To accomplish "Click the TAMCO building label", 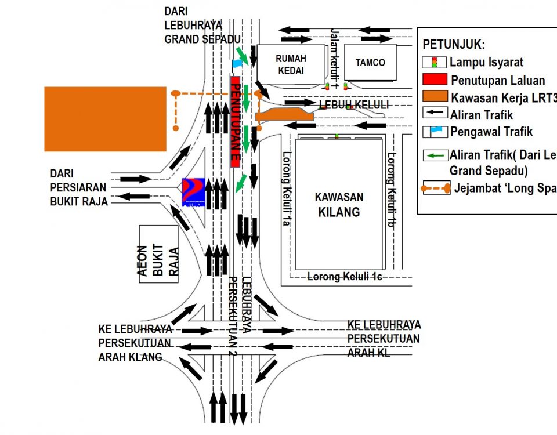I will coord(370,63).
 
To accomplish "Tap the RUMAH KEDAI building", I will coord(291,64).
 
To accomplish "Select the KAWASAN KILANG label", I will coord(338,204).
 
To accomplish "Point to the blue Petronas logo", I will coord(193,188).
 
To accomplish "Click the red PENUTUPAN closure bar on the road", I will coord(236,122).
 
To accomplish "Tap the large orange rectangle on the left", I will coord(105,119).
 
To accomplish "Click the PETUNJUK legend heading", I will coord(454,45).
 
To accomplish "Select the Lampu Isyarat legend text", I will coord(486,62).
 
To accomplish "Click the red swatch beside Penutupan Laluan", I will coord(435,79).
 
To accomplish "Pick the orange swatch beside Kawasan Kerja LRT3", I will coord(435,96).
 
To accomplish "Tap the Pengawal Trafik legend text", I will coord(491,132).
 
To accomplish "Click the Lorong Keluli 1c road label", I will coord(344,277).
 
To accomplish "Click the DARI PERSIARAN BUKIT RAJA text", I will coord(79,187).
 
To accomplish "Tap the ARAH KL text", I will coord(368,352).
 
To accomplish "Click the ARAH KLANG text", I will coord(130,357).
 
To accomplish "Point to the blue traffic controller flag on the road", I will coord(238,62).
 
